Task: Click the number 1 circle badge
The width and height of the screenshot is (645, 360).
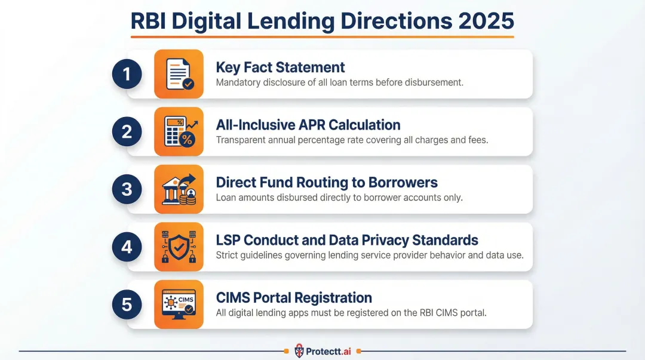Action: [x=127, y=74]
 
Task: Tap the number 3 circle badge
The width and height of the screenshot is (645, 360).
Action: [x=127, y=189]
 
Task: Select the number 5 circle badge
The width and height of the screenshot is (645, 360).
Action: [x=127, y=304]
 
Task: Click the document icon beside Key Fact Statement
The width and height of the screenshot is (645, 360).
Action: [x=179, y=74]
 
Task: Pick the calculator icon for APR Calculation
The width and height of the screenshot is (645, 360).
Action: [x=179, y=132]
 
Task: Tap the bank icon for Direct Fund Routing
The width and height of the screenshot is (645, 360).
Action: [x=179, y=189]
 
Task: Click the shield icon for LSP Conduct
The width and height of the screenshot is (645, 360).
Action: [x=179, y=247]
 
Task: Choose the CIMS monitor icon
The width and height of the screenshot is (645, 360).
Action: [x=179, y=304]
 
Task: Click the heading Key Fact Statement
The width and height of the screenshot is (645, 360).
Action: [x=280, y=67]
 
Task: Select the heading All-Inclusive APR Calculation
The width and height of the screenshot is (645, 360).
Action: [x=308, y=125]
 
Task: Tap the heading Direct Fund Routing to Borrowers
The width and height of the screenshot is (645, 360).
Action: [x=327, y=182]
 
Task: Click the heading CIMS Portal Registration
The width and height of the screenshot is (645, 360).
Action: [x=294, y=297]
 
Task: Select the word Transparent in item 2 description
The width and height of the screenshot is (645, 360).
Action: [x=242, y=140]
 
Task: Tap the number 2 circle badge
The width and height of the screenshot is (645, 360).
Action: [x=127, y=132]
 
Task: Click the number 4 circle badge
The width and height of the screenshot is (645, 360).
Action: [x=127, y=247]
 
